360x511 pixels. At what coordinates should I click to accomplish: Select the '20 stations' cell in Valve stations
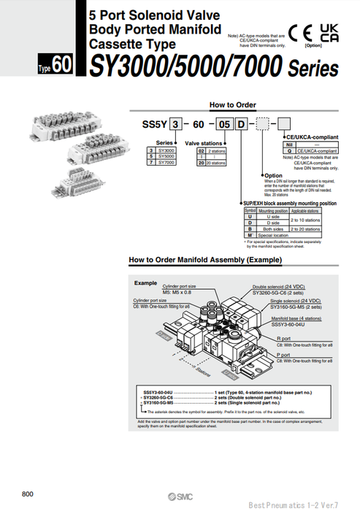click(215, 164)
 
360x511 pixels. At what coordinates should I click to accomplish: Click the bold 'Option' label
click(273, 175)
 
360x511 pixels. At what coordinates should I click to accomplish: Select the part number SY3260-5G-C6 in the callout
click(274, 292)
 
